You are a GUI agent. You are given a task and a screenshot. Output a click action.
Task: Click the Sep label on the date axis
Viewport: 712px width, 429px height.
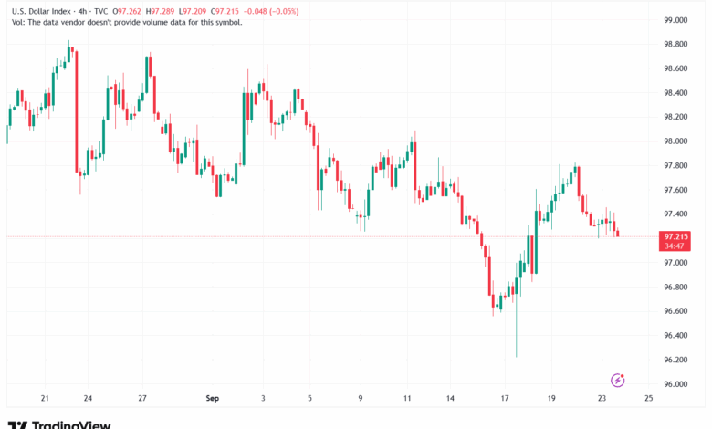[213, 398]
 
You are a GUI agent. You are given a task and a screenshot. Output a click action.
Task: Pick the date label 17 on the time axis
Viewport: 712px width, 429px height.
[505, 398]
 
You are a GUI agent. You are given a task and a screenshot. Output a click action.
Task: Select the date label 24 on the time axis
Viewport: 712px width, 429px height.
[88, 398]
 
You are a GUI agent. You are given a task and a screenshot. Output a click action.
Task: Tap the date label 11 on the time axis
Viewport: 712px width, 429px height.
[407, 398]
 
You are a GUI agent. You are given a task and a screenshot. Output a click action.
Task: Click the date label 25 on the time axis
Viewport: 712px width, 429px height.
[647, 398]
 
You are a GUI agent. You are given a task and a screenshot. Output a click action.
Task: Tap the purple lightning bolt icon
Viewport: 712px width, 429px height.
[617, 380]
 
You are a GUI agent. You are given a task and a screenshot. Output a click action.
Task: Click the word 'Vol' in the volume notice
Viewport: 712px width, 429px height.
[17, 22]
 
